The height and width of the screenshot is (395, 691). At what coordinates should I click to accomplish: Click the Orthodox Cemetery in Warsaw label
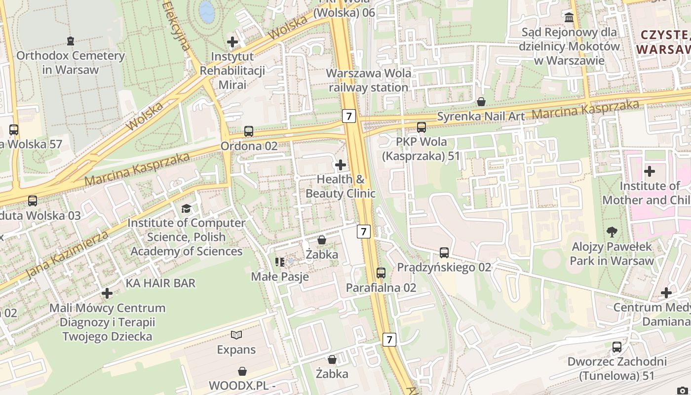[x=70, y=62]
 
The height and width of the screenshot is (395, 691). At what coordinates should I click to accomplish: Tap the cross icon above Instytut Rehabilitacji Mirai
[x=232, y=42]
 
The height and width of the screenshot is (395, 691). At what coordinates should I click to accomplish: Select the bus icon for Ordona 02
[x=249, y=131]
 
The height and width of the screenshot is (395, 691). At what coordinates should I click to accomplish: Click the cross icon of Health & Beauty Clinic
[x=341, y=164]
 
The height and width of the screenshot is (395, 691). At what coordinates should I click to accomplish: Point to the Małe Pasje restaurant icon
[x=280, y=262]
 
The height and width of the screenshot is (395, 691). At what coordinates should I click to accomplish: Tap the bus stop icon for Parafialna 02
[x=381, y=273]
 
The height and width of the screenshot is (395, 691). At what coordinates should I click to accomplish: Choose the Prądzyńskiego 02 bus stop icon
[x=444, y=253]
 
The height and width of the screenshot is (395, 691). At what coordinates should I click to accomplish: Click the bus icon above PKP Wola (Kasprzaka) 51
[x=422, y=127]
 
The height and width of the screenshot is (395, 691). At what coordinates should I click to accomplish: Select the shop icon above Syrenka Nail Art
[x=481, y=102]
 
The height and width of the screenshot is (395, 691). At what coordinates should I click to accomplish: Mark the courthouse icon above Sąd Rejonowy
[x=569, y=18]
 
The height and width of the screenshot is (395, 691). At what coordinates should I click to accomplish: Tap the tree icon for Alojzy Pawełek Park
[x=612, y=232]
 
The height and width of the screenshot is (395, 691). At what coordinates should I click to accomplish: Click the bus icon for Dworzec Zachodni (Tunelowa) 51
[x=617, y=347]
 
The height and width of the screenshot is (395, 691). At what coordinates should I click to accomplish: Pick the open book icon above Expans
[x=236, y=335]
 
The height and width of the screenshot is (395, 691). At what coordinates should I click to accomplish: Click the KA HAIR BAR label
[x=160, y=283]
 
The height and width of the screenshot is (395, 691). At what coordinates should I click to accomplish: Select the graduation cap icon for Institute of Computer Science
[x=186, y=208]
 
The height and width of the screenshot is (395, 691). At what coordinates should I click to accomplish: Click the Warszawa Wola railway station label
[x=368, y=80]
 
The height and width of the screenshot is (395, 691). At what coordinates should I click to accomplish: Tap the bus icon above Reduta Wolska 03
[x=33, y=201]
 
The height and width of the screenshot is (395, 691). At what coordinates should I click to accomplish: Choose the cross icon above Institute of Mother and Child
[x=650, y=171]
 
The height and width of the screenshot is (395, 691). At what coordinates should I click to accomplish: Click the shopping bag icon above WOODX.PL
[x=242, y=371]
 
